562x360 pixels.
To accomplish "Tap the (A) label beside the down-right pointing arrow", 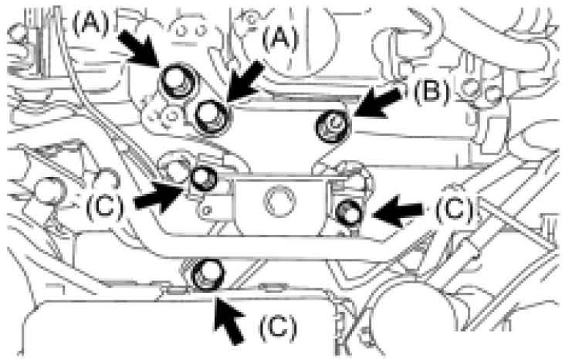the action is click(92, 23).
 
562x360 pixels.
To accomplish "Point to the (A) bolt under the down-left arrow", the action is click(210, 115).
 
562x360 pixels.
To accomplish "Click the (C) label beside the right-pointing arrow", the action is click(104, 206).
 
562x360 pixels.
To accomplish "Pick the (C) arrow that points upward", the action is click(234, 316).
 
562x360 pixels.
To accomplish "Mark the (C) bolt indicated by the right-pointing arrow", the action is click(202, 179).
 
